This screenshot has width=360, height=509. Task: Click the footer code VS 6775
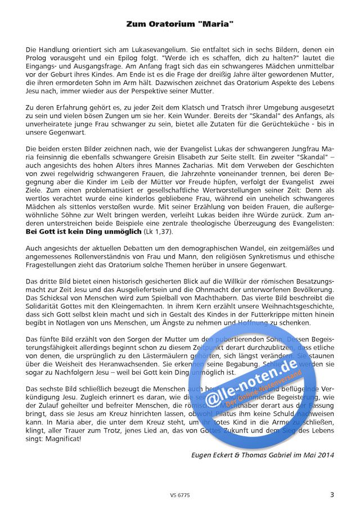click(x=178, y=496)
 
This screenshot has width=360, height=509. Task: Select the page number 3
click(x=331, y=495)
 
